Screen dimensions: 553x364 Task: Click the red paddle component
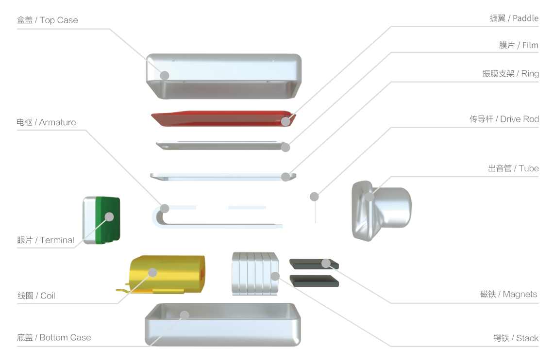(223, 118)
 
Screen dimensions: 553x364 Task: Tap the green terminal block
(108, 220)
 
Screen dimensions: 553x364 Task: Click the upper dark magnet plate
(314, 264)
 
